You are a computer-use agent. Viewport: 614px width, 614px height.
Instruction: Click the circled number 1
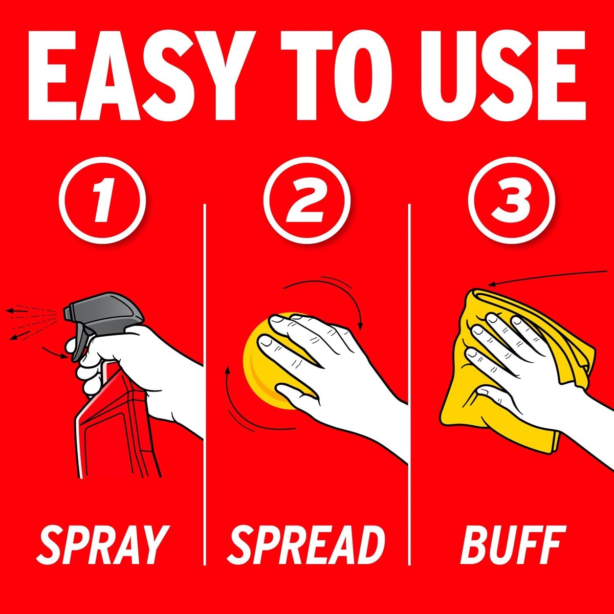102,200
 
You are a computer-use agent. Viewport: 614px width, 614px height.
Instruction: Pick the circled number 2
307,200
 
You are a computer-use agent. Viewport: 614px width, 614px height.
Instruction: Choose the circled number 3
511,200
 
